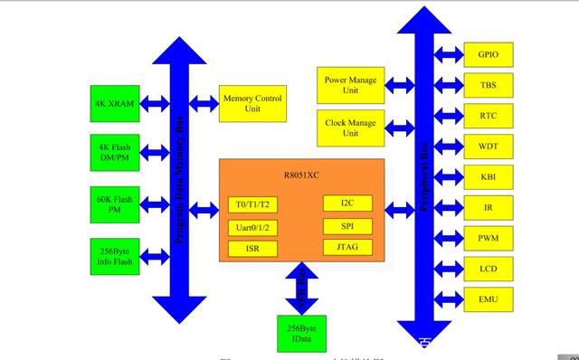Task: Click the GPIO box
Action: click(x=489, y=53)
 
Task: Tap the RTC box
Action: click(x=489, y=115)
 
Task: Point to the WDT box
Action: click(x=489, y=146)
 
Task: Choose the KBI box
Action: click(x=489, y=176)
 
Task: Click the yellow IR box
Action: click(x=489, y=207)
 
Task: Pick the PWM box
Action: click(x=489, y=238)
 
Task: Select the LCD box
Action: click(x=489, y=269)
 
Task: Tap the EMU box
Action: click(x=489, y=298)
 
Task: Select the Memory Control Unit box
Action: click(x=252, y=104)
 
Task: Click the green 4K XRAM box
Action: click(x=114, y=104)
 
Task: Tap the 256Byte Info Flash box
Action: click(x=114, y=257)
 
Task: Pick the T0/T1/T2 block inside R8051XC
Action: click(x=252, y=204)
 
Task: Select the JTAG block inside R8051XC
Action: click(x=347, y=246)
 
